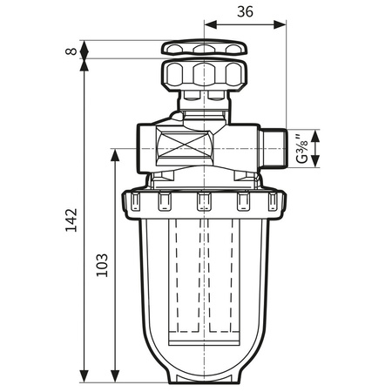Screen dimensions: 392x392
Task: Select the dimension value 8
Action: click(x=71, y=50)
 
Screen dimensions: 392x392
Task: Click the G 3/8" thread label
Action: click(x=301, y=148)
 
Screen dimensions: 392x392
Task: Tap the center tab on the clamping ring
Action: click(x=204, y=203)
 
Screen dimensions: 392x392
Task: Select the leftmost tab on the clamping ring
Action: click(x=136, y=203)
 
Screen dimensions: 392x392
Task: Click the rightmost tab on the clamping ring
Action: click(x=274, y=203)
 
